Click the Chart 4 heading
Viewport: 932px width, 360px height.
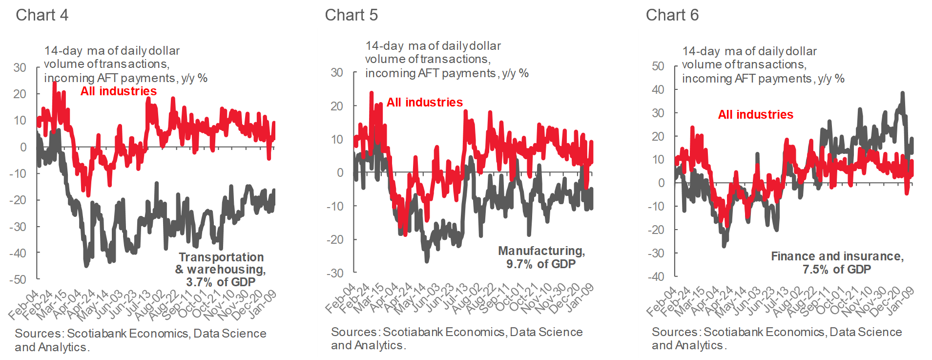[x=42, y=15]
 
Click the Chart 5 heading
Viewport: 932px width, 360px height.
[x=351, y=15]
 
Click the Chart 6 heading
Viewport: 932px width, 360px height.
[x=672, y=15]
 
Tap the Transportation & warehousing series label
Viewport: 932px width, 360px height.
[x=221, y=269]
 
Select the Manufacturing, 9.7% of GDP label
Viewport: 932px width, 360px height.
[x=541, y=257]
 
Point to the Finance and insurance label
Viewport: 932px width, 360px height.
[x=837, y=262]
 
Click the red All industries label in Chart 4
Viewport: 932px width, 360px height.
[x=119, y=91]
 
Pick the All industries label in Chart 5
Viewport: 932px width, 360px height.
[x=425, y=102]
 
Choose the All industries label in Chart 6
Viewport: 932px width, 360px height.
[x=755, y=114]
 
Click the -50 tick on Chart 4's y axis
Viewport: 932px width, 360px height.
[x=18, y=279]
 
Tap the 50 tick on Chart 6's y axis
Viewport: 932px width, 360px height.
[x=658, y=66]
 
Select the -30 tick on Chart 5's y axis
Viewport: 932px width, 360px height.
[x=335, y=273]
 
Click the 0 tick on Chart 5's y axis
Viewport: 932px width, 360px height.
[x=340, y=172]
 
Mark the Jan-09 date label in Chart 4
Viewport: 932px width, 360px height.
[x=263, y=303]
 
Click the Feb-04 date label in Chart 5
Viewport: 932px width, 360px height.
[x=340, y=298]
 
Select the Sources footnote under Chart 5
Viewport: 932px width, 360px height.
[x=456, y=338]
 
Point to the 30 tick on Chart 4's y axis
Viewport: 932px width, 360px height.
[x=20, y=67]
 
